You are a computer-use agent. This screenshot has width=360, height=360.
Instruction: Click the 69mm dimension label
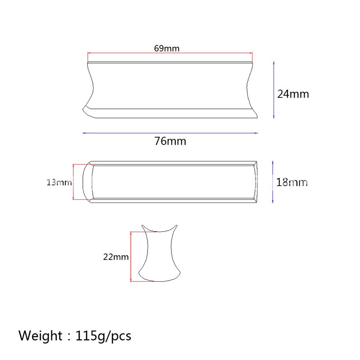tap(166, 49)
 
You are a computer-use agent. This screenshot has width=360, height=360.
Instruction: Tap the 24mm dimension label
tap(293, 94)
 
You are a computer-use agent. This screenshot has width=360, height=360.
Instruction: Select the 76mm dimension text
tap(170, 141)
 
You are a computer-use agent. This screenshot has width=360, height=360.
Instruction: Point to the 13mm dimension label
tap(59, 183)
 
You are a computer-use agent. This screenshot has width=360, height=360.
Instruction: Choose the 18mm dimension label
tap(292, 182)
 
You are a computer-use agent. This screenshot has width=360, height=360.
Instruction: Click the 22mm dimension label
tap(116, 257)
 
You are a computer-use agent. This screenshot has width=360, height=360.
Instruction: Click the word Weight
tap(40, 336)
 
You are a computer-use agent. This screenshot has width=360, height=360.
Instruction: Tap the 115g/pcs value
tap(103, 336)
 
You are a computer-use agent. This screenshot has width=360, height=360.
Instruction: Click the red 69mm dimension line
tap(170, 53)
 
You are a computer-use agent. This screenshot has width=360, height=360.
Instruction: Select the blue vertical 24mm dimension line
tap(274, 90)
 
